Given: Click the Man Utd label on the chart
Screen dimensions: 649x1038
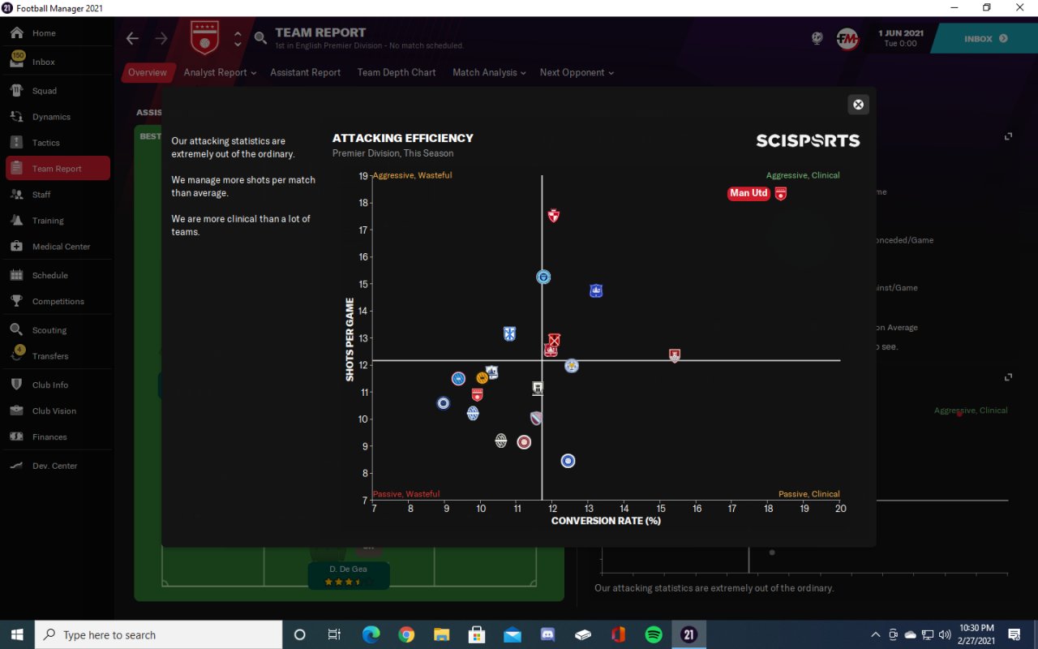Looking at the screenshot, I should pos(748,193).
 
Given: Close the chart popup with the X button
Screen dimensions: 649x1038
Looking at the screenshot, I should pos(858,105).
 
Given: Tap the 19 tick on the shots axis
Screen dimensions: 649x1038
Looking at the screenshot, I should pos(364,175).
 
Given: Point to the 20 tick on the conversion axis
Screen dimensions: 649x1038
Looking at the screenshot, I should pos(840,509).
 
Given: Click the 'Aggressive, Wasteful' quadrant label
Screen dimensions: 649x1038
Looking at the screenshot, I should pos(412,175).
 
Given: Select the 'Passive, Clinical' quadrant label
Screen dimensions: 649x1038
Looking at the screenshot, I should pos(809,494).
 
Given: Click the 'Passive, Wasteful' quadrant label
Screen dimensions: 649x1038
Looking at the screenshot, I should pos(405,494).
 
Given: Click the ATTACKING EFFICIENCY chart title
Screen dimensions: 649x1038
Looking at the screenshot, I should pos(402,138).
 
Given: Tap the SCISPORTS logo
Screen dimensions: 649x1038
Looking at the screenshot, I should pos(808,140).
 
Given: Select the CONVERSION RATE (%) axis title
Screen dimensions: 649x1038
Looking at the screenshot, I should pos(606,521).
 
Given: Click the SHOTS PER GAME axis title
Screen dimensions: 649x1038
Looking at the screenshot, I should pos(350,339).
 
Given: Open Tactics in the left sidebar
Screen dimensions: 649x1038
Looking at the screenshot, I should pos(46,143).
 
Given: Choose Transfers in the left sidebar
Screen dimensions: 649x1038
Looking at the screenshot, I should pos(50,356).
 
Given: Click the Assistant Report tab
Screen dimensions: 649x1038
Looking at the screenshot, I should pos(305,72).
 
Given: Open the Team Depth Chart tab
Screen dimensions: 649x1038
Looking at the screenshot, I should pos(397,72).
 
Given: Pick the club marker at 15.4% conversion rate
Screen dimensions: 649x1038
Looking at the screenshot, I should pos(675,355).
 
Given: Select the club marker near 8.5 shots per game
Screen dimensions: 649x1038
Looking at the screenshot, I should pos(568,461).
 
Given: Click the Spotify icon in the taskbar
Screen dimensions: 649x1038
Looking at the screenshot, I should pos(653,634).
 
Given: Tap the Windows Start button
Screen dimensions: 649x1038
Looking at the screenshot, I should pos(17,634).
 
